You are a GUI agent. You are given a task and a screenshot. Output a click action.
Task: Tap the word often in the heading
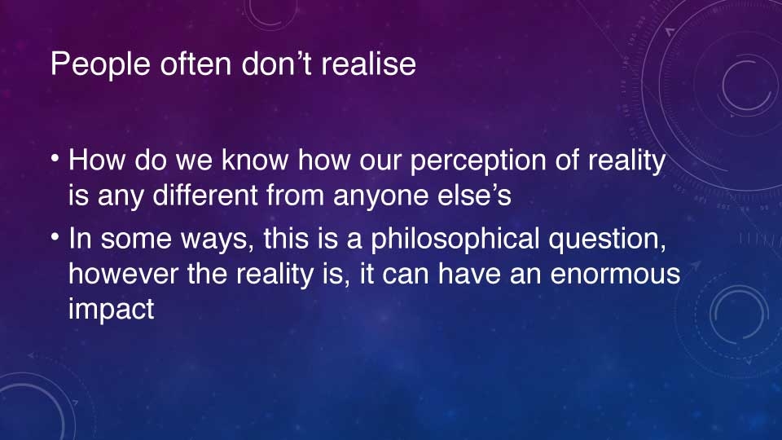[196, 64]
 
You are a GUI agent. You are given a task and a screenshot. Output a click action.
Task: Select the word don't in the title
[277, 64]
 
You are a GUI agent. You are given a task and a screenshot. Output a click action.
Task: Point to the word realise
[368, 64]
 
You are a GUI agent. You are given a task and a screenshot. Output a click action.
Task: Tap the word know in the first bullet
[255, 160]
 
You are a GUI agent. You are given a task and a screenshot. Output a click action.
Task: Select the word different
[205, 195]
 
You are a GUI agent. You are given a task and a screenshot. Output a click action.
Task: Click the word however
[123, 274]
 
